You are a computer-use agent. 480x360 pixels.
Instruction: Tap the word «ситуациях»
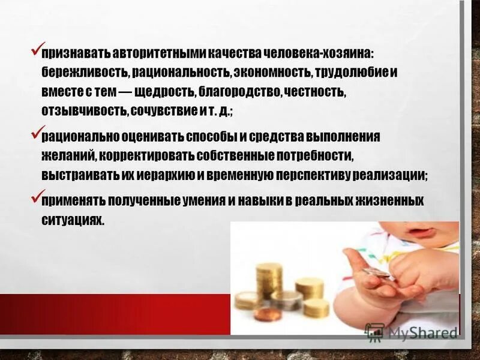click(73, 220)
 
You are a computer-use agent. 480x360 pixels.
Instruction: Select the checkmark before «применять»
click(35, 196)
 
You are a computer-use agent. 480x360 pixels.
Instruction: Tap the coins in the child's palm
click(374, 273)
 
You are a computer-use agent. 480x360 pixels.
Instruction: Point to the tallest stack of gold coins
click(268, 278)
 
